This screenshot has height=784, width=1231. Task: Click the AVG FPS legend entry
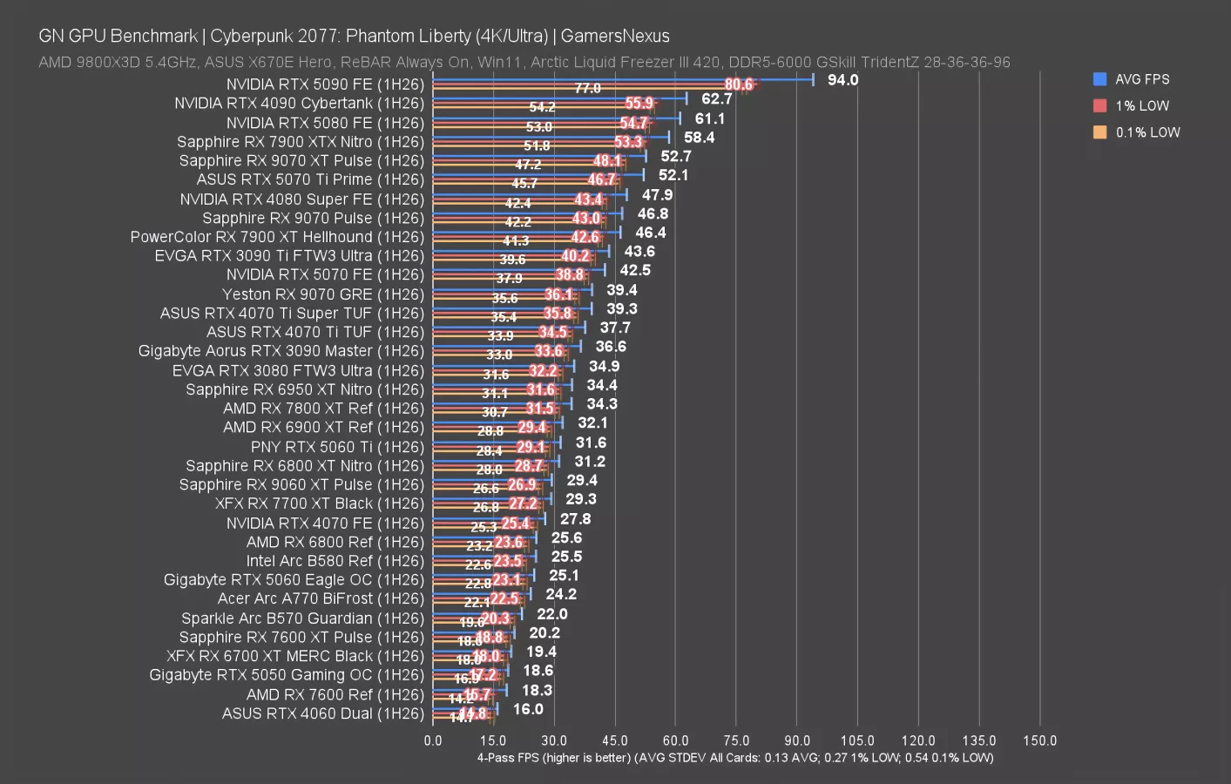click(1141, 79)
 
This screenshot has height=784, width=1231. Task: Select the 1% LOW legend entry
click(1141, 106)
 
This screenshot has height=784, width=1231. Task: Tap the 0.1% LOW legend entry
click(1146, 132)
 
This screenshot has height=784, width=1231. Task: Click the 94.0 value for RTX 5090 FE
click(842, 80)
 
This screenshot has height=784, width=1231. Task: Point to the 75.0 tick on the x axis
click(736, 740)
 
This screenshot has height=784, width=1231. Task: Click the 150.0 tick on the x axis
click(1039, 740)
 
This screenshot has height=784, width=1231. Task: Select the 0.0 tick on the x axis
click(433, 740)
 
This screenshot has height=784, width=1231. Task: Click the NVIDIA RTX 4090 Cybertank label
click(299, 104)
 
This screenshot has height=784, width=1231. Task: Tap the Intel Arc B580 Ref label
click(335, 561)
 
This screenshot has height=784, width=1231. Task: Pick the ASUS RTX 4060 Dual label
click(322, 713)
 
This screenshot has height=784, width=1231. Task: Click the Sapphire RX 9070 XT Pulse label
click(301, 161)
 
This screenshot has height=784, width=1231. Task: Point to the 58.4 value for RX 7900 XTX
click(699, 138)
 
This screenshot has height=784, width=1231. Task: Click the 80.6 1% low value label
click(738, 84)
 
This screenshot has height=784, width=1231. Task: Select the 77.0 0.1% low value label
click(587, 88)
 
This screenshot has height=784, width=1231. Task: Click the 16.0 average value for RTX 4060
click(528, 709)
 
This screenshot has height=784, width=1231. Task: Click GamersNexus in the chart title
click(615, 36)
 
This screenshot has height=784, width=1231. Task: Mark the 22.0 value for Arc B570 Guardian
click(552, 614)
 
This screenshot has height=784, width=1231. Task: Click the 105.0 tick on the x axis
click(857, 740)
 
